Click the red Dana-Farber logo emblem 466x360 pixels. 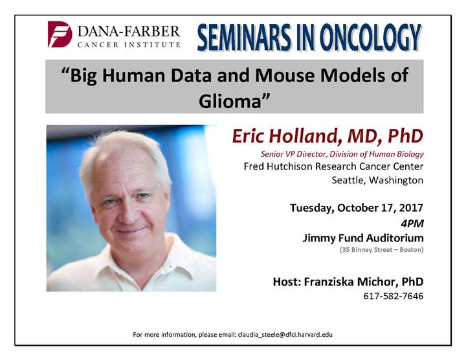(60, 34)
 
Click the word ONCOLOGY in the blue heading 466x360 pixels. (370, 38)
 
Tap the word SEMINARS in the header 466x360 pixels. (244, 38)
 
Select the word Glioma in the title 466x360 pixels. (230, 102)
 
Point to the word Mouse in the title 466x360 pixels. (285, 75)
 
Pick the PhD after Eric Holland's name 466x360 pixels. (405, 136)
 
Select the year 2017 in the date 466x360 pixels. (411, 207)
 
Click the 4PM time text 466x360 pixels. (412, 223)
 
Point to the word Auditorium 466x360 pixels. (395, 238)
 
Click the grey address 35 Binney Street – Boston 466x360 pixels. (382, 250)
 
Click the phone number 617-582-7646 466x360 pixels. (394, 296)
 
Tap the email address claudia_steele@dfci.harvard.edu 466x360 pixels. (285, 335)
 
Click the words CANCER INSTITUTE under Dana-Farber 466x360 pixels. (129, 45)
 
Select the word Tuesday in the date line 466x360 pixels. (312, 208)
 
